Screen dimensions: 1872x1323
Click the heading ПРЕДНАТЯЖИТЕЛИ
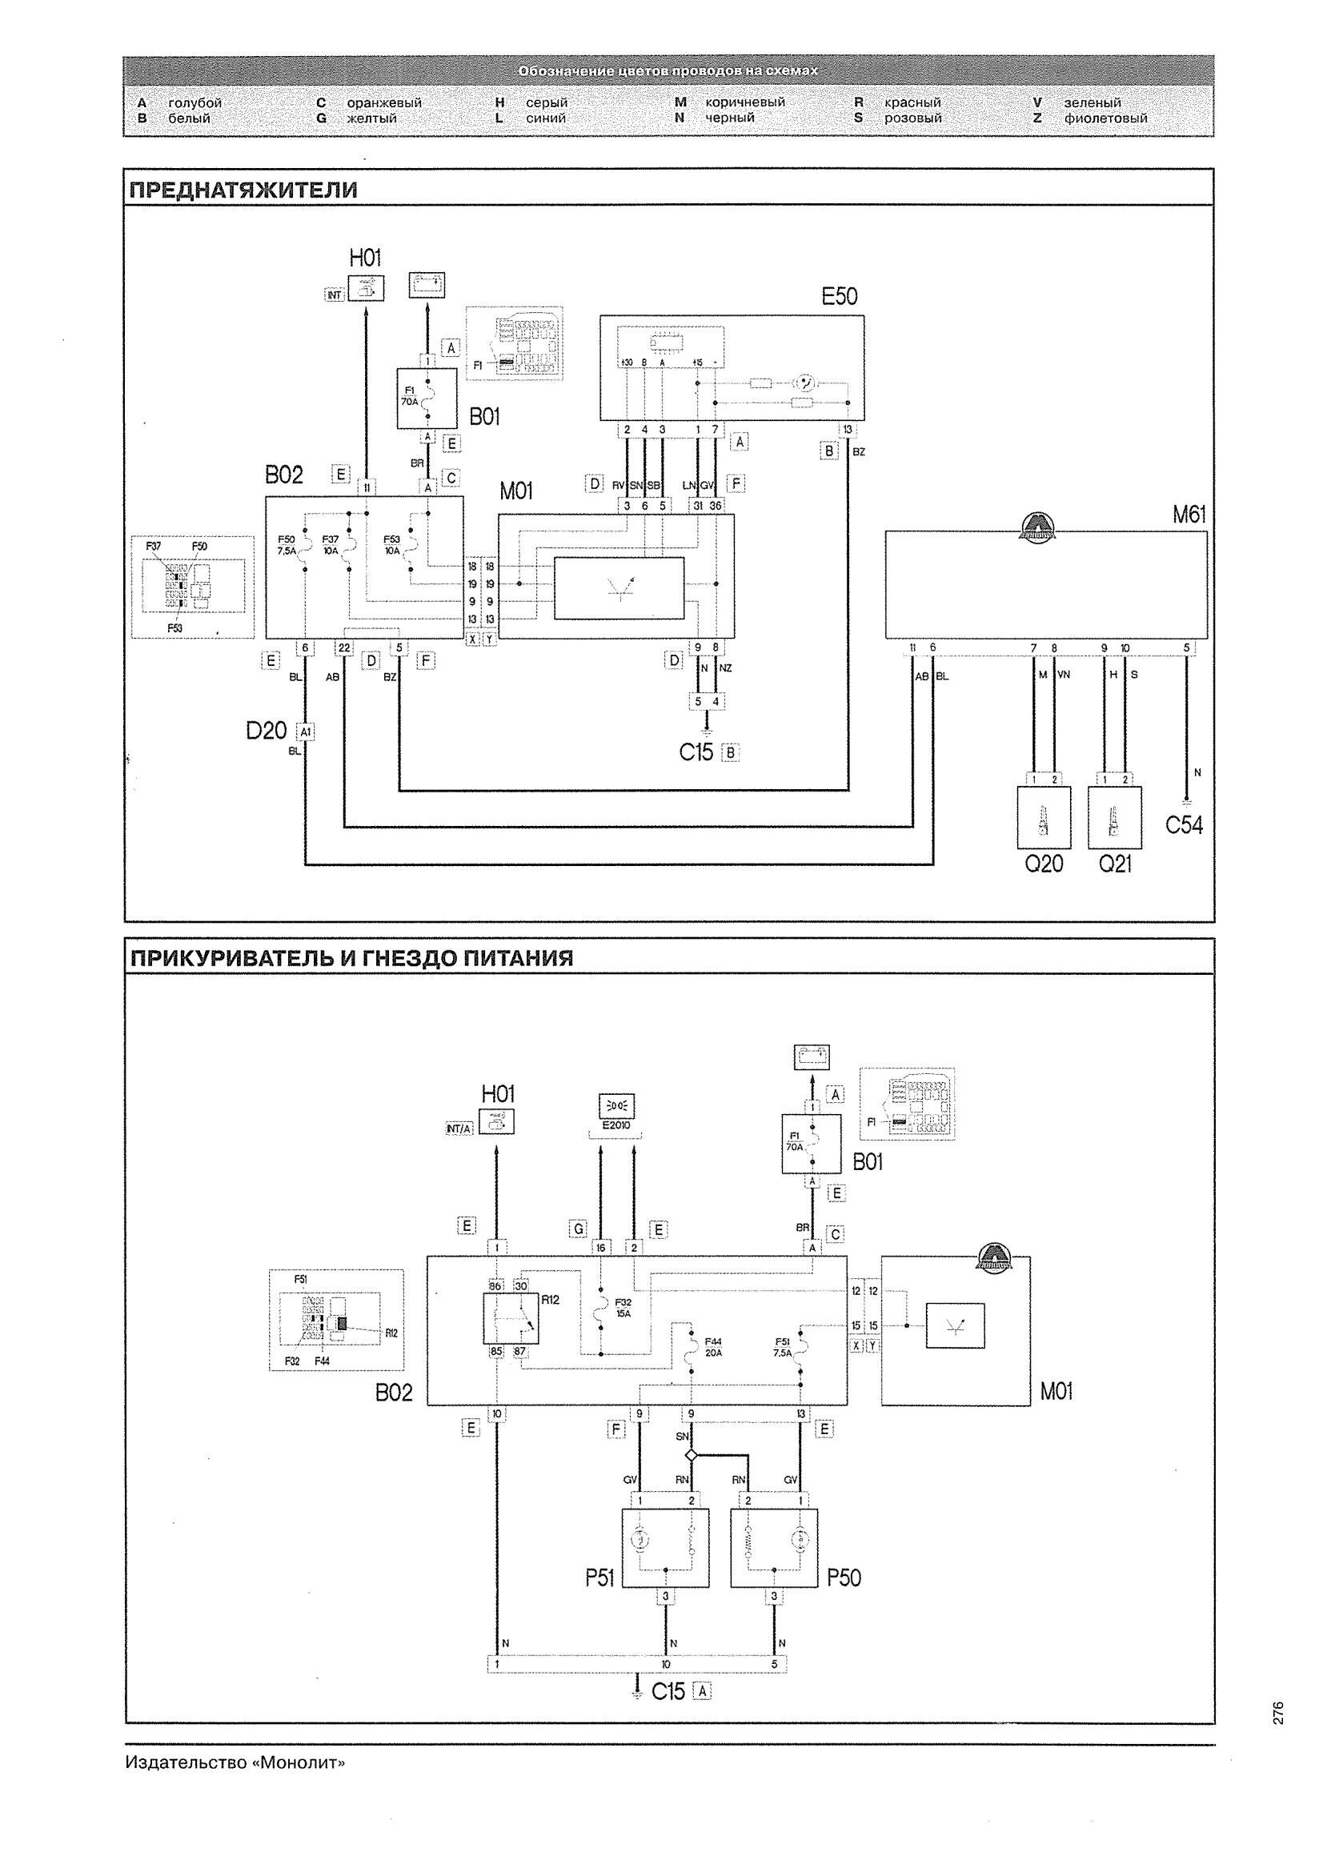click(243, 190)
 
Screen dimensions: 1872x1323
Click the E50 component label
click(839, 296)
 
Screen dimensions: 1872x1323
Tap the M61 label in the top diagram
click(1189, 515)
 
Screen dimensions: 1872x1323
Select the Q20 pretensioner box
click(1044, 817)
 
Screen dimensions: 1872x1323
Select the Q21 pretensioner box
click(1114, 817)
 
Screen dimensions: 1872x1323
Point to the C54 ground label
click(1184, 825)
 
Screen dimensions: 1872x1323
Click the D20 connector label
click(267, 731)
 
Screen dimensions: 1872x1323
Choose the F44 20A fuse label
click(713, 1346)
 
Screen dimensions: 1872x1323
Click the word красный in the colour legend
click(912, 102)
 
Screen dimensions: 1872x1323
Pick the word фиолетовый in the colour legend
click(1105, 118)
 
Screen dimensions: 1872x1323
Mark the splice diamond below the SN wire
click(691, 1454)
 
